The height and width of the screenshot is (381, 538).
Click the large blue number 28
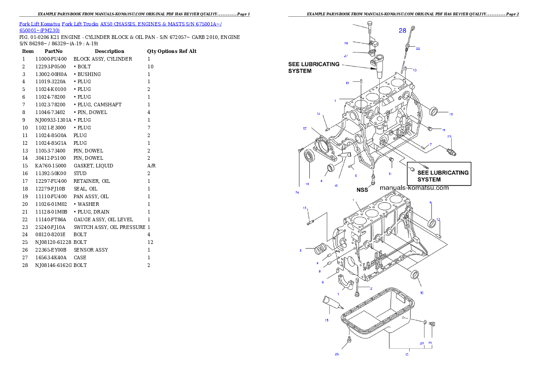(402, 30)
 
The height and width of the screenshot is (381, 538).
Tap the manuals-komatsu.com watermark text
(414, 188)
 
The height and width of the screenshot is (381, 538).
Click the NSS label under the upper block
(362, 190)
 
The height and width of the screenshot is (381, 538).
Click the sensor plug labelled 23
(451, 150)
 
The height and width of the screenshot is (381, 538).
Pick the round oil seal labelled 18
(309, 157)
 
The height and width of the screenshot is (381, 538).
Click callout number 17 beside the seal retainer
(305, 129)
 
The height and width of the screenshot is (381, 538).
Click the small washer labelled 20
(425, 322)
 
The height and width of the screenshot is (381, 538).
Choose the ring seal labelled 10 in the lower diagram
(415, 276)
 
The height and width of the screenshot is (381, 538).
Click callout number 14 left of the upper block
(318, 114)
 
